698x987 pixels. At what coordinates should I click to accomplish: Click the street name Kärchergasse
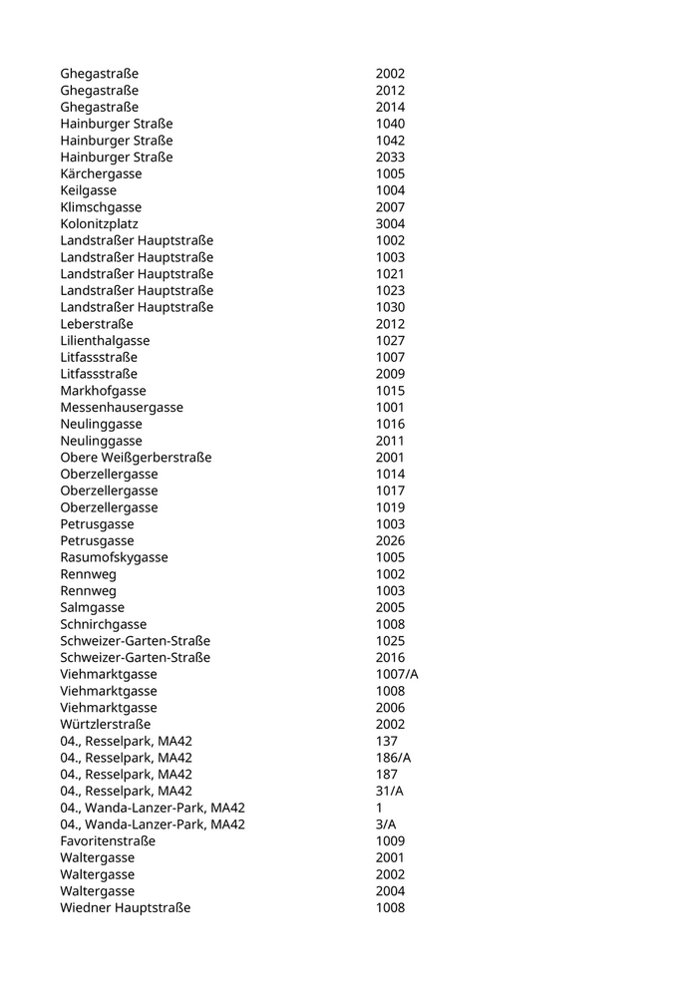pos(101,173)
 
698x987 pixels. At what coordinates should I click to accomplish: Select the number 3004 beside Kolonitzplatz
pos(390,223)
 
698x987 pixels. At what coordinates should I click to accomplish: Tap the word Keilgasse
pos(88,190)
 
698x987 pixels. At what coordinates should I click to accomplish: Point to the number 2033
pos(390,157)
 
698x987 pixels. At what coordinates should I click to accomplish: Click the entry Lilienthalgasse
pos(105,340)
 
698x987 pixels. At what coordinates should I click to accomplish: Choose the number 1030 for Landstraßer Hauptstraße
pos(390,307)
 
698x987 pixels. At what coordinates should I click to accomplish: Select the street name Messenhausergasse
pos(122,407)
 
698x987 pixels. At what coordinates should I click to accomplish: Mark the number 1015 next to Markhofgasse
pos(390,391)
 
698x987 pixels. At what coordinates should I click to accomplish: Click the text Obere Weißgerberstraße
pos(136,457)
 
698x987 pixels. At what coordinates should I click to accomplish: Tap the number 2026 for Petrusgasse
pos(390,540)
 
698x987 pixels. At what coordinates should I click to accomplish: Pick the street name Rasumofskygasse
pos(114,557)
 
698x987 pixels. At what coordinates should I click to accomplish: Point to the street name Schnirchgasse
pos(103,624)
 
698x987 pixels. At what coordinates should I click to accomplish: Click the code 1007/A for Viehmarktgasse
pos(397,674)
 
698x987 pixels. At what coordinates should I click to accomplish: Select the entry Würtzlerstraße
pos(106,724)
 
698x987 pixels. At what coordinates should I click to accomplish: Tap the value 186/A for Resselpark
pos(393,758)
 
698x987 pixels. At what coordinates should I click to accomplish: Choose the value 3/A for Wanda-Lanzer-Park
pos(385,824)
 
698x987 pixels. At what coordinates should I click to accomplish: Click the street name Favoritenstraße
pos(108,840)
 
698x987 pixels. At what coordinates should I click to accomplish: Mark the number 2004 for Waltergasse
pos(390,891)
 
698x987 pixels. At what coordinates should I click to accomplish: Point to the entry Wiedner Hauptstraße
pos(125,907)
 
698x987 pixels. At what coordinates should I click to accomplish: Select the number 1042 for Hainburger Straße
pos(390,141)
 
